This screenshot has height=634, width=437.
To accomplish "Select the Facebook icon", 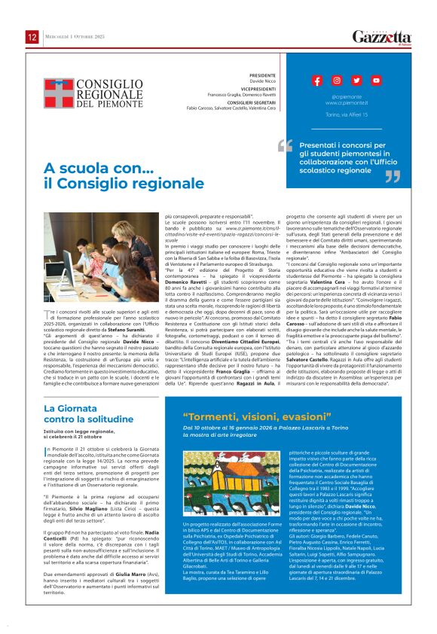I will pyautogui.click(x=317, y=81).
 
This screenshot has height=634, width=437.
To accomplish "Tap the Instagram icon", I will pyautogui.click(x=337, y=81).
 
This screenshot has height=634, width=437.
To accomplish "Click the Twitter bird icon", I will pyautogui.click(x=356, y=81).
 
